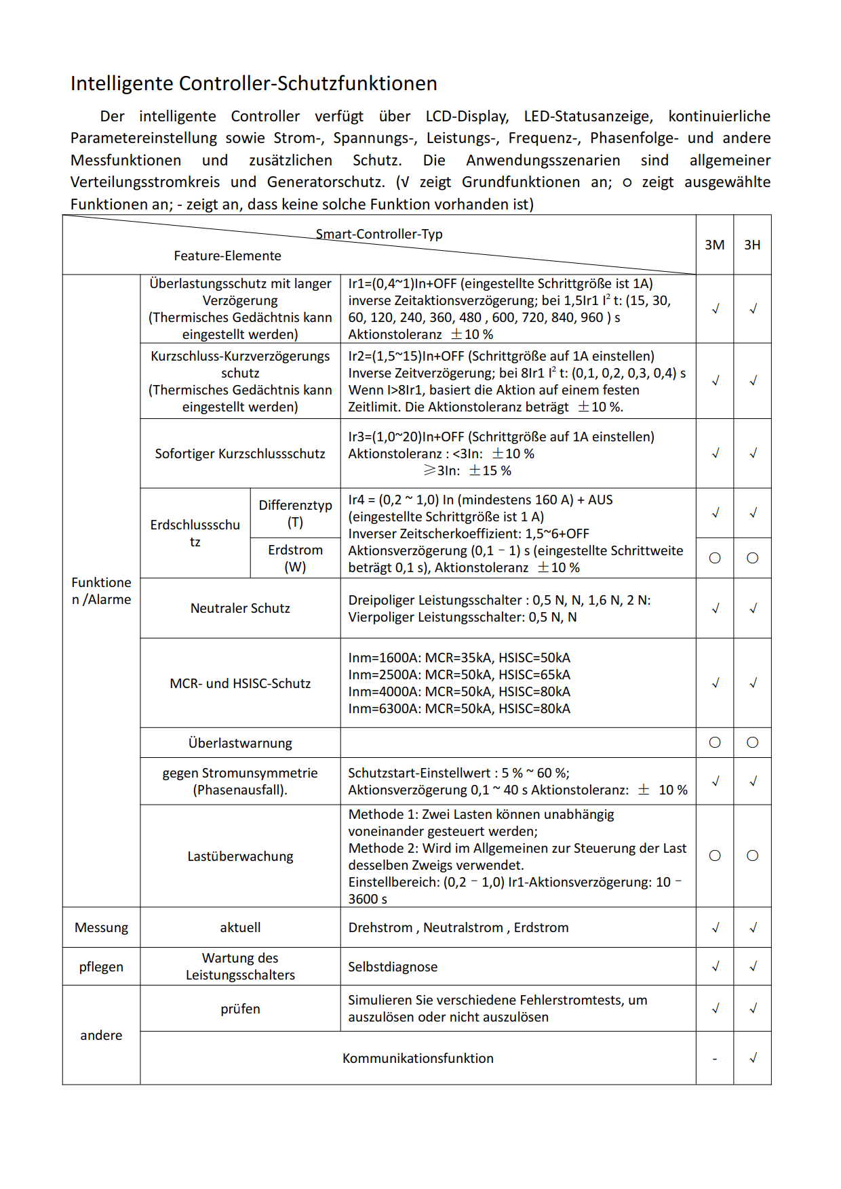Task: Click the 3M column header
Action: coord(714,245)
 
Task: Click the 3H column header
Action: coord(752,245)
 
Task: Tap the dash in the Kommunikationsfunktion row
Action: coord(715,1059)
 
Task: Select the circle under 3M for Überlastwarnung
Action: coord(715,742)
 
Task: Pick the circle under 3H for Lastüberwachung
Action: coord(752,855)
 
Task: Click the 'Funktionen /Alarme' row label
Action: coord(101,590)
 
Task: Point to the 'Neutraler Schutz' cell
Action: coord(240,608)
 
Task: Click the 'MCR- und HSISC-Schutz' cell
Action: coord(240,683)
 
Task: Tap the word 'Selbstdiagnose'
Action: coord(393,967)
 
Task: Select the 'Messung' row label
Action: coord(101,927)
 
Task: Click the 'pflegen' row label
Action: coord(101,967)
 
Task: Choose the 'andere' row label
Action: coord(101,1035)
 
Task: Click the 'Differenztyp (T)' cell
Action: coord(295,513)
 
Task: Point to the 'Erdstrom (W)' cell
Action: coord(295,558)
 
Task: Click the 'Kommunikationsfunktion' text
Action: coord(418,1058)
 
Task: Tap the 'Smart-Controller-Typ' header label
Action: coord(379,234)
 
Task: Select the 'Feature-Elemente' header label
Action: coord(227,256)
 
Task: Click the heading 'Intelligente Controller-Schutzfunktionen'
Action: coord(254,83)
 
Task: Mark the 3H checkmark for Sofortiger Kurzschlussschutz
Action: coord(752,454)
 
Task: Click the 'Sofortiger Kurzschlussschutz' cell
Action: coord(240,454)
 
